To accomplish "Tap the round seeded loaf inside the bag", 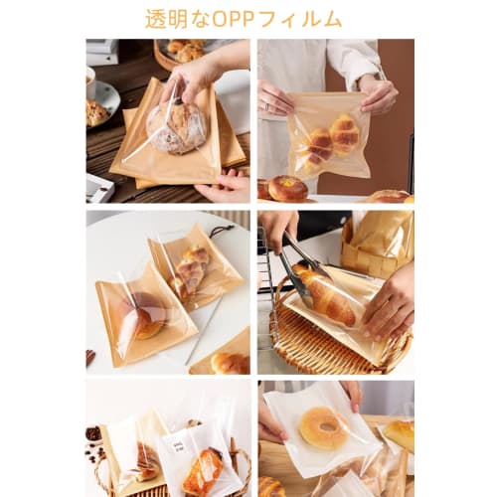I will point(176,127).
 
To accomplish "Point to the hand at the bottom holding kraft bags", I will point(225,186).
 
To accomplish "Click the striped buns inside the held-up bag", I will point(333,138).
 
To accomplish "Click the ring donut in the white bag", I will point(322,427).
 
